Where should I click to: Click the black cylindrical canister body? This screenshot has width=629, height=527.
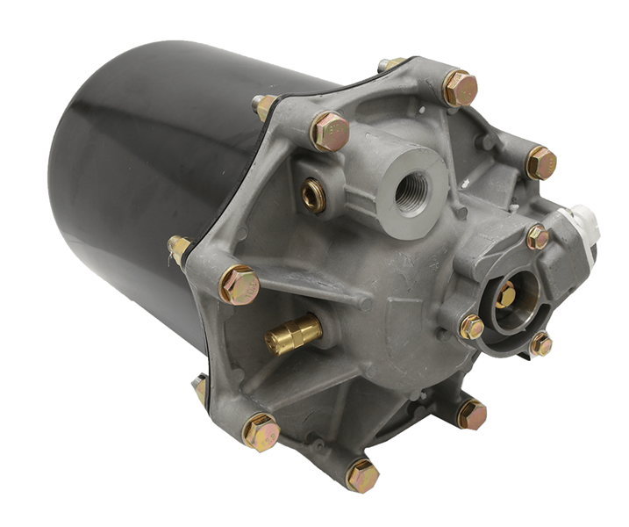pyautogui.click(x=132, y=193)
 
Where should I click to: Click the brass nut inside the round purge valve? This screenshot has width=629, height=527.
pyautogui.click(x=505, y=295)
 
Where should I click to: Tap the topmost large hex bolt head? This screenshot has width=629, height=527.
pyautogui.click(x=460, y=88)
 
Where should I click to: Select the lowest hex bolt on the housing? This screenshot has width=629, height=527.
pyautogui.click(x=362, y=475)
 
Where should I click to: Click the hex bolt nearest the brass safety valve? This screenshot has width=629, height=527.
pyautogui.click(x=239, y=285)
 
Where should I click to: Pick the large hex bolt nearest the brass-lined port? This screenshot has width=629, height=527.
pyautogui.click(x=331, y=131)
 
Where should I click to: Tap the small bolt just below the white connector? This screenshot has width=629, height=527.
pyautogui.click(x=537, y=236)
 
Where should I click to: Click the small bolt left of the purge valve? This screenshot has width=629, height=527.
pyautogui.click(x=471, y=327)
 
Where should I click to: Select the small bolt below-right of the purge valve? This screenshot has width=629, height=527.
pyautogui.click(x=540, y=343)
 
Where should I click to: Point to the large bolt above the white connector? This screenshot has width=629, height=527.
pyautogui.click(x=541, y=162)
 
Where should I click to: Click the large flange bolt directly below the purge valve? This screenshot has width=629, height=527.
pyautogui.click(x=471, y=414)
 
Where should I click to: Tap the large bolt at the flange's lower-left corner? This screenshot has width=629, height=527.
pyautogui.click(x=261, y=432)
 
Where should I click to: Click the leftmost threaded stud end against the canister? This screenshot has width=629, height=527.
pyautogui.click(x=179, y=249)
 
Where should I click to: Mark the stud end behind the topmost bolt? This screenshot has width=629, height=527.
pyautogui.click(x=389, y=65)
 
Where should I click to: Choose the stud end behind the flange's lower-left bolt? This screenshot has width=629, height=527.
pyautogui.click(x=202, y=388)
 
